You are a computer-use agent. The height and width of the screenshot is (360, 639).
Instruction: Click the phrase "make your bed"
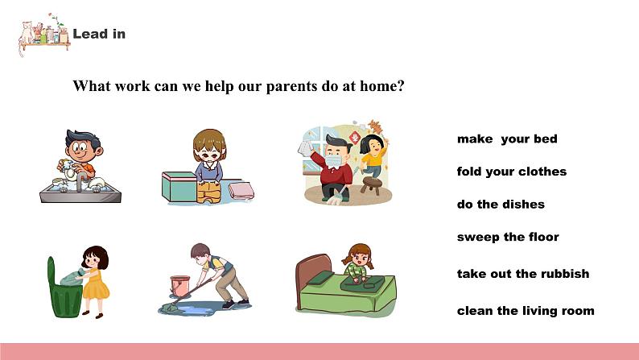507,139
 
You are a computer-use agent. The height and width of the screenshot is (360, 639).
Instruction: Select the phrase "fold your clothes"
512,172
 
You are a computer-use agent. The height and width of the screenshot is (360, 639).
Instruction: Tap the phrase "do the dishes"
501,205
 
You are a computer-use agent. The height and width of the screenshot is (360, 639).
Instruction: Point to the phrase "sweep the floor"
508,237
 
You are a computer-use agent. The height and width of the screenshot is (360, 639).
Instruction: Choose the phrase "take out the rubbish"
523,274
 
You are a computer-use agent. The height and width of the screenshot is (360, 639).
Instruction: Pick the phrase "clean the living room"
526,311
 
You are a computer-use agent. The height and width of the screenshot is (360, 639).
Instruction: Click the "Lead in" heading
99,34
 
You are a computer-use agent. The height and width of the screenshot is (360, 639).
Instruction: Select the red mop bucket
180,286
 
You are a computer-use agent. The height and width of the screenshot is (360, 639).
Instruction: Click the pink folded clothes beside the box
241,190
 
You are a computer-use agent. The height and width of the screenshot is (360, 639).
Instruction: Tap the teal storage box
179,186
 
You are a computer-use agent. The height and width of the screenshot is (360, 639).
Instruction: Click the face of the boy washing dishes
80,149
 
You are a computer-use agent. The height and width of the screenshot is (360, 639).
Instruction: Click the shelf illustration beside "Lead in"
44,35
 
